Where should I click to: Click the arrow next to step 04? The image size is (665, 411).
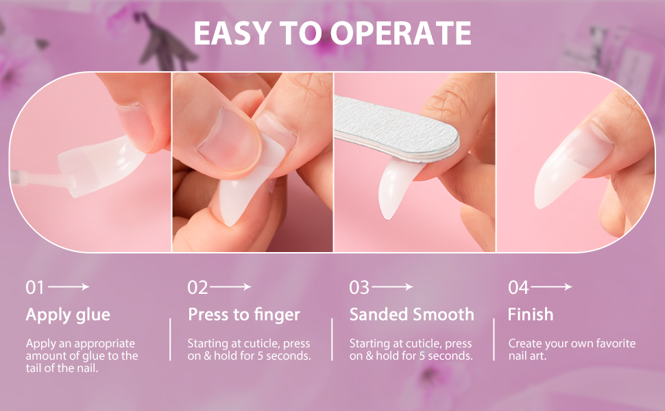(x=551, y=287)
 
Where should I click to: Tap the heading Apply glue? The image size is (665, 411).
(x=68, y=315)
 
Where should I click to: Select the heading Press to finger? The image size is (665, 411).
(x=244, y=315)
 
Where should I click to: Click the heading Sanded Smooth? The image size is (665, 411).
(x=411, y=315)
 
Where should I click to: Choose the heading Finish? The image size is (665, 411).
(x=530, y=315)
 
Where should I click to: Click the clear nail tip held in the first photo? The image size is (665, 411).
(x=103, y=164)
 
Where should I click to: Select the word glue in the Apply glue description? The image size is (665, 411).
(x=104, y=356)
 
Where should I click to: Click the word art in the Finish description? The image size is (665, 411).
(x=539, y=356)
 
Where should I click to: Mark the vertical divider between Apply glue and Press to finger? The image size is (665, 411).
(x=170, y=339)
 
